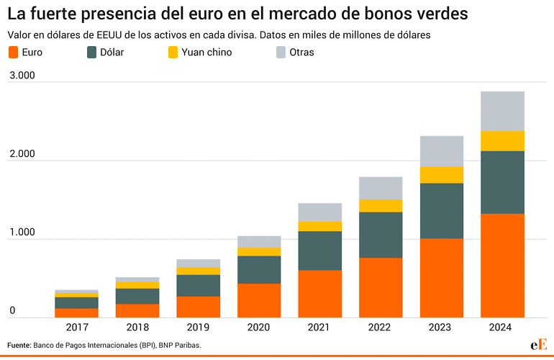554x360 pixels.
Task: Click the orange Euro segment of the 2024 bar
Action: (502, 266)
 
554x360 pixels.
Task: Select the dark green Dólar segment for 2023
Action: (442, 211)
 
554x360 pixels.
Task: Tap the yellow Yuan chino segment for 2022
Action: (381, 206)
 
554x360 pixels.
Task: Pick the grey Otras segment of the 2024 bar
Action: (502, 112)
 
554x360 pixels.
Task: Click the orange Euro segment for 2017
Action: (77, 313)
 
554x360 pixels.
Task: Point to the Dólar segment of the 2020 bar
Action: (259, 270)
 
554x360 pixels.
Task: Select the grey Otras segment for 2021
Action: (319, 212)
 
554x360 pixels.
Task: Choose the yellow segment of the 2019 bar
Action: (198, 271)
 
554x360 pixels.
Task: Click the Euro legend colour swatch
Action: (13, 53)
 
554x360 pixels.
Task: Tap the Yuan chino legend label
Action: (206, 53)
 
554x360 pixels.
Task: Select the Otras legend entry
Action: (295, 53)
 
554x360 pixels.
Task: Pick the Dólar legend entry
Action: (105, 53)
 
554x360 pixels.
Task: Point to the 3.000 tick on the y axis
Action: (22, 76)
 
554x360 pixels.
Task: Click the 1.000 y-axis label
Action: (22, 233)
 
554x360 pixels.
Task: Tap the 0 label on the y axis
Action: (12, 310)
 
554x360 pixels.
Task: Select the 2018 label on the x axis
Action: (137, 327)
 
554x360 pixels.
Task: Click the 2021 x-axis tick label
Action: (319, 327)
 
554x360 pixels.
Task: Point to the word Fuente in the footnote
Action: (19, 345)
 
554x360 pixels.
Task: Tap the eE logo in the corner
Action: (539, 345)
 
